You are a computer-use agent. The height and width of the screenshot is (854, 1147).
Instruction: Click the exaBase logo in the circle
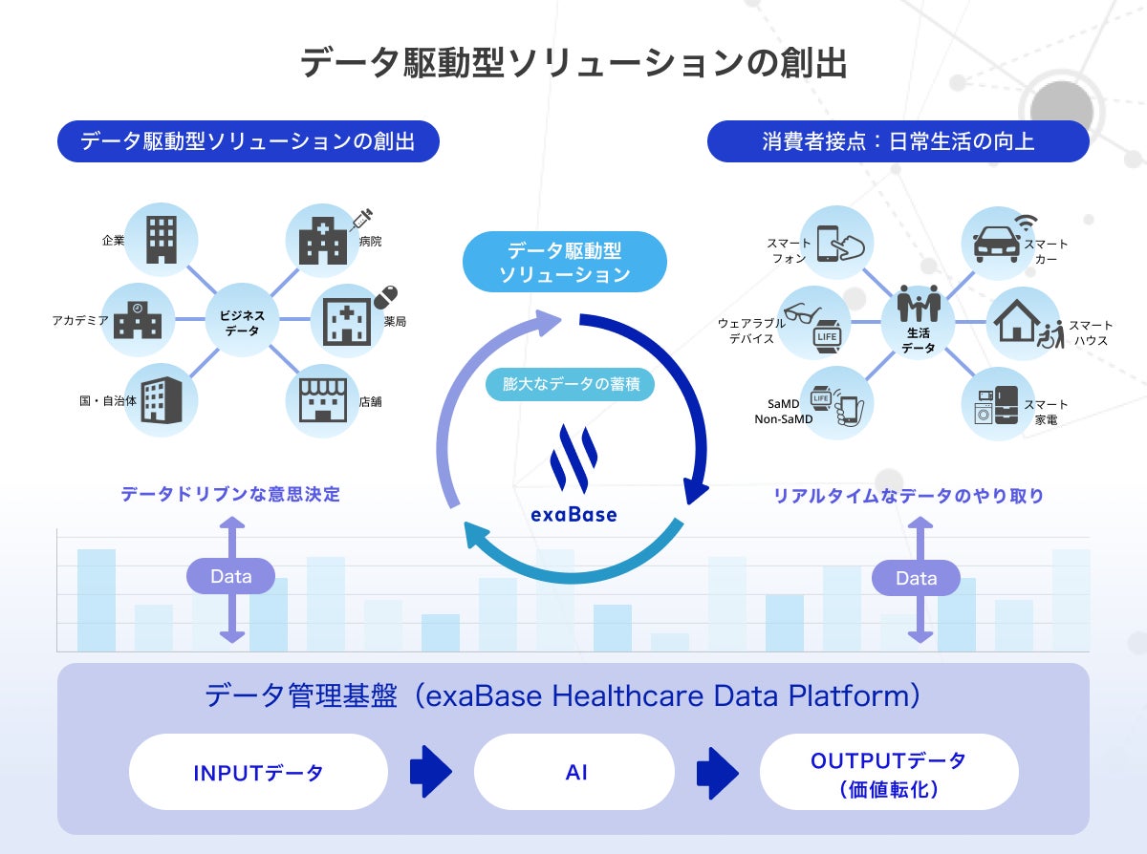pyautogui.click(x=573, y=474)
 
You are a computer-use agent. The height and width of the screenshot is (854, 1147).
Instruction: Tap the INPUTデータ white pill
pyautogui.click(x=258, y=772)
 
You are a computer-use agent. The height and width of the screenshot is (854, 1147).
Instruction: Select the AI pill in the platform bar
pyautogui.click(x=574, y=772)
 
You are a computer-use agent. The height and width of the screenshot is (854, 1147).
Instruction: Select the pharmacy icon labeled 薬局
pyautogui.click(x=348, y=320)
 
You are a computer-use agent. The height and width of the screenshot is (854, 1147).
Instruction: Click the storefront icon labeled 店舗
pyautogui.click(x=324, y=402)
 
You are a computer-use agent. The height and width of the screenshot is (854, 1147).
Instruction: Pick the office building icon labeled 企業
pyautogui.click(x=162, y=240)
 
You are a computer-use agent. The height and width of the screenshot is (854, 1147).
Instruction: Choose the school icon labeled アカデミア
pyautogui.click(x=138, y=320)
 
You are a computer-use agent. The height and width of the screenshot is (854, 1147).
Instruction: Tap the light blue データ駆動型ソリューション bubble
pyautogui.click(x=564, y=262)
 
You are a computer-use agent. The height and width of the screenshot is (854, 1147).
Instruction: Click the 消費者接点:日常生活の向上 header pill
pyautogui.click(x=898, y=142)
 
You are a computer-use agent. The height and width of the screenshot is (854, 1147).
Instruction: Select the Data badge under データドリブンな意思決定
pyautogui.click(x=230, y=577)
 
